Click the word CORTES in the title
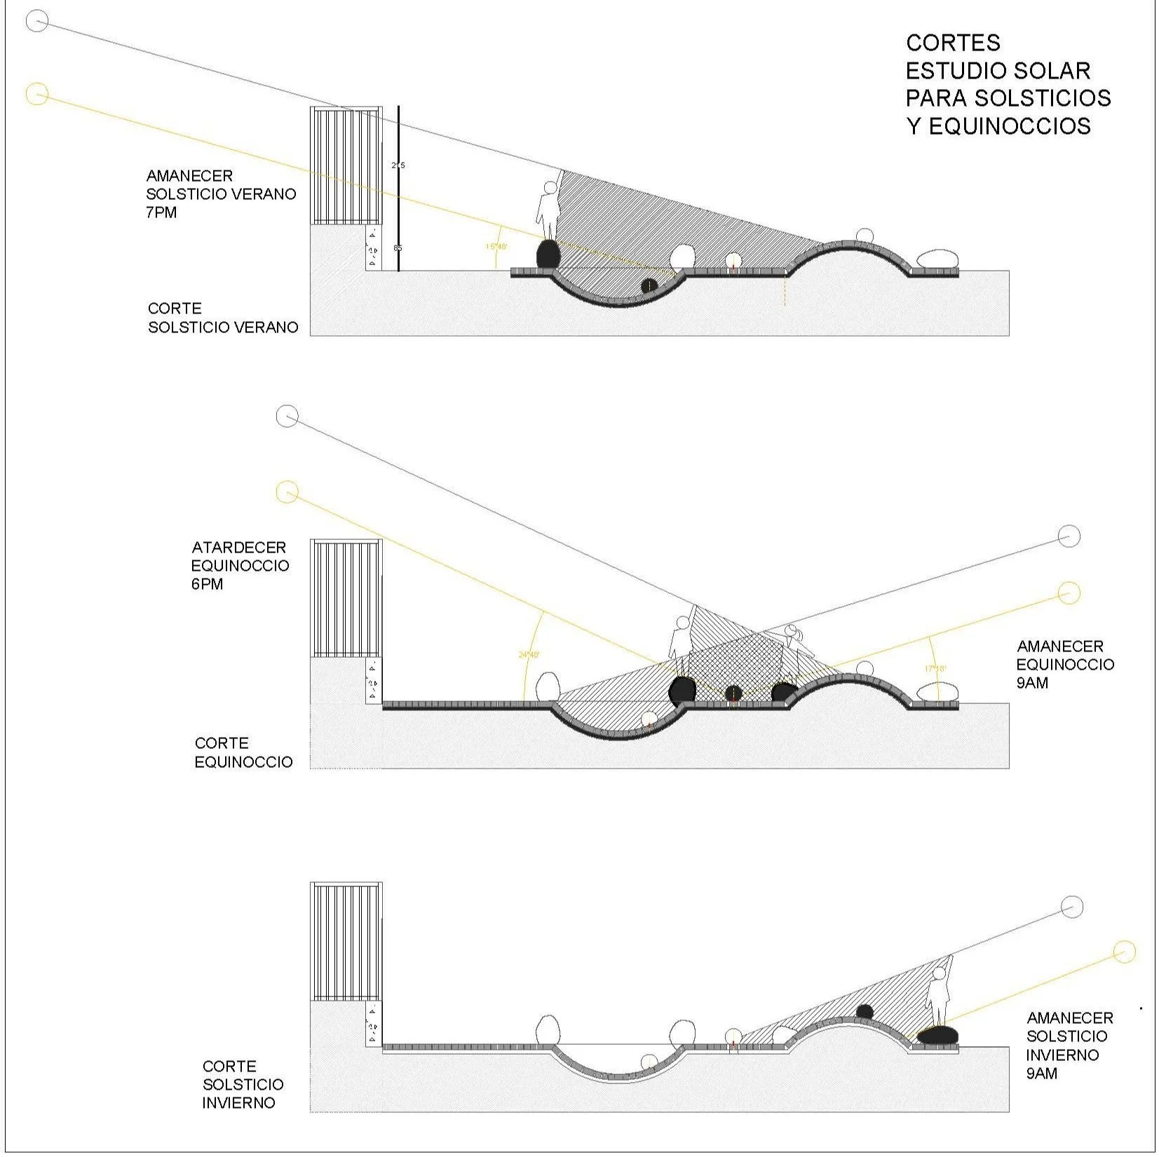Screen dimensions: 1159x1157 point(953,43)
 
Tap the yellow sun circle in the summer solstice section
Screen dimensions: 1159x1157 point(36,93)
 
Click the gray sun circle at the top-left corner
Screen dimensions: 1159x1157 point(36,22)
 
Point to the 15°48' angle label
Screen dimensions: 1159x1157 point(496,246)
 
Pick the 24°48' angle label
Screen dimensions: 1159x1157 point(529,654)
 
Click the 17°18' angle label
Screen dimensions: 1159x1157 point(935,668)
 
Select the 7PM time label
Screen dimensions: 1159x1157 point(161,212)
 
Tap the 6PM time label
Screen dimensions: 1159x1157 point(207,584)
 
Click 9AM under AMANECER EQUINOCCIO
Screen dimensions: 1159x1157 point(1032,682)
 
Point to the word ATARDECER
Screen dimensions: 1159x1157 point(238,547)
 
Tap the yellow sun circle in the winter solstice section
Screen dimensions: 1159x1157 point(1123,952)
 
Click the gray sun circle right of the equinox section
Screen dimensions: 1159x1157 point(1069,536)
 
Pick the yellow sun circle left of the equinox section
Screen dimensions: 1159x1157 point(287,492)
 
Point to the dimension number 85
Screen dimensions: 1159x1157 point(398,248)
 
